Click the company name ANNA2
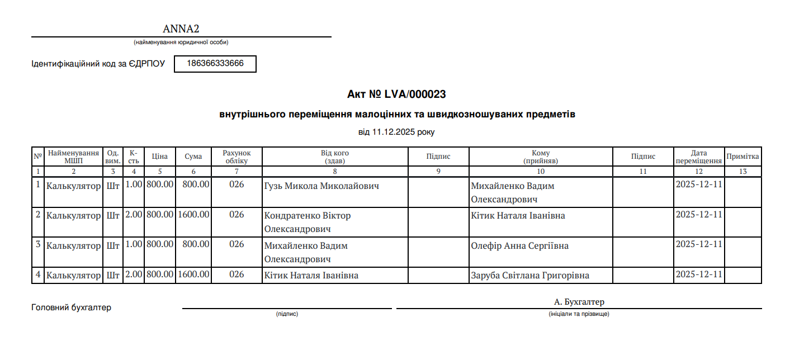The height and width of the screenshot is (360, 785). tap(181, 29)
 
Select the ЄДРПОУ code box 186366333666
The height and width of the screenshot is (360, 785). tap(215, 64)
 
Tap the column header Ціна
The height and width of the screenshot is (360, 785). tap(159, 157)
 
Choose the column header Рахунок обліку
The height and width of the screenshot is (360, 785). tap(237, 157)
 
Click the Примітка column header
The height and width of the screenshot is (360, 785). tap(743, 157)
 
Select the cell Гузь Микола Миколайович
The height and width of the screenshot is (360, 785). tap(321, 186)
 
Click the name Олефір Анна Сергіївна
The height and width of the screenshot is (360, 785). tap(520, 246)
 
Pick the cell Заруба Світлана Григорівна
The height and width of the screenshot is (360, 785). tap(530, 276)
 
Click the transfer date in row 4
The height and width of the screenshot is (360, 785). tap(699, 275)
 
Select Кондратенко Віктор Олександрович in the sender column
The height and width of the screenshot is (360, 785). tap(308, 222)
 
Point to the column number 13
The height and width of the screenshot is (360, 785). tap(743, 172)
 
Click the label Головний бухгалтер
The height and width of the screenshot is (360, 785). tap(71, 307)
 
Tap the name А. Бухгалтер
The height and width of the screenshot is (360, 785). tap(579, 302)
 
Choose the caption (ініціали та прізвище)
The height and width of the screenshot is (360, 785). tap(579, 314)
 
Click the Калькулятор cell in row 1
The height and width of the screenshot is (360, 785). tap(73, 186)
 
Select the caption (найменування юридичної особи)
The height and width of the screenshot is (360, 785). tap(181, 42)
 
